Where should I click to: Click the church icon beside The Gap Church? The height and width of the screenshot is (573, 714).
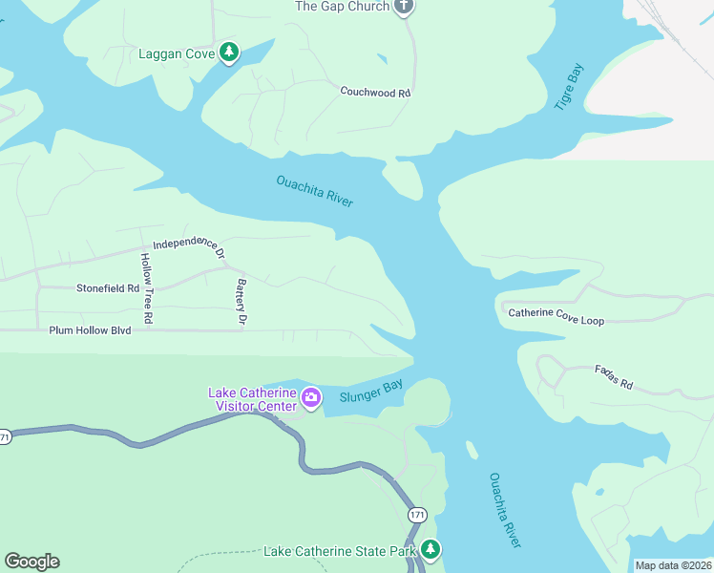pos(404,7)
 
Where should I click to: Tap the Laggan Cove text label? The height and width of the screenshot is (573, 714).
pos(177,53)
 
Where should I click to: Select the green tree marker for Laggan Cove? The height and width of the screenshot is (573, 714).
pos(228,53)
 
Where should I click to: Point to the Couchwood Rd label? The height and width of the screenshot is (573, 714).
pos(375,93)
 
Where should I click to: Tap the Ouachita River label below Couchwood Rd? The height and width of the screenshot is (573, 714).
pos(315,191)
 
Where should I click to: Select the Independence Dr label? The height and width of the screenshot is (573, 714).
pos(189,247)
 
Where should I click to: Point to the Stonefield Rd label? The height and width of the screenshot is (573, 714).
pos(108,287)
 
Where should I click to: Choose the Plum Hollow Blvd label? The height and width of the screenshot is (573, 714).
pos(90,329)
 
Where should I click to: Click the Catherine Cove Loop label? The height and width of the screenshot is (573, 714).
pos(556,316)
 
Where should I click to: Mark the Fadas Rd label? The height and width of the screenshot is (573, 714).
pos(613,376)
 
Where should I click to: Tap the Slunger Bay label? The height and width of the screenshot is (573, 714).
pos(370,392)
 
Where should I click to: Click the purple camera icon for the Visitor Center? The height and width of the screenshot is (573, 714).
pos(311,396)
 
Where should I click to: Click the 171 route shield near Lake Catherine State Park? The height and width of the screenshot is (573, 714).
pos(417,515)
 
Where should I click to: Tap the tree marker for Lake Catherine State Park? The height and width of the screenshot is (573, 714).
pos(431,549)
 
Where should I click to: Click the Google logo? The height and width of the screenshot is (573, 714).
pos(31,562)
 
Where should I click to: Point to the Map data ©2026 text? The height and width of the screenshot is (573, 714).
pos(672,565)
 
